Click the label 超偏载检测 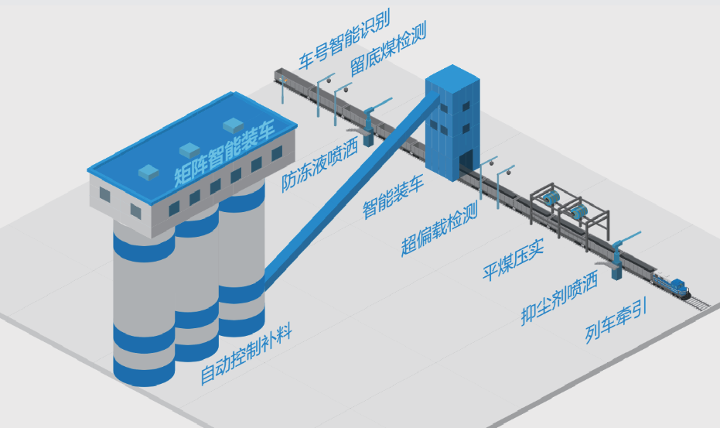[438, 228]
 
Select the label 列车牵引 [615, 324]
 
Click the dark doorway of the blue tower [466, 163]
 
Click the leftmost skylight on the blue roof [145, 171]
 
